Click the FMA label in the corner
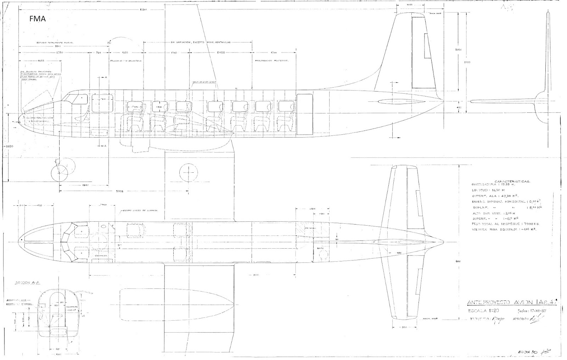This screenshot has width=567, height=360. coord(38,20)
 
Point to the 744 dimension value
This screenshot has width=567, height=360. coord(99,52)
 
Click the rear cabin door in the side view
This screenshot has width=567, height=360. coord(304,115)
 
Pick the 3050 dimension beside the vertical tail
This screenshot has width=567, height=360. coord(458,50)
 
